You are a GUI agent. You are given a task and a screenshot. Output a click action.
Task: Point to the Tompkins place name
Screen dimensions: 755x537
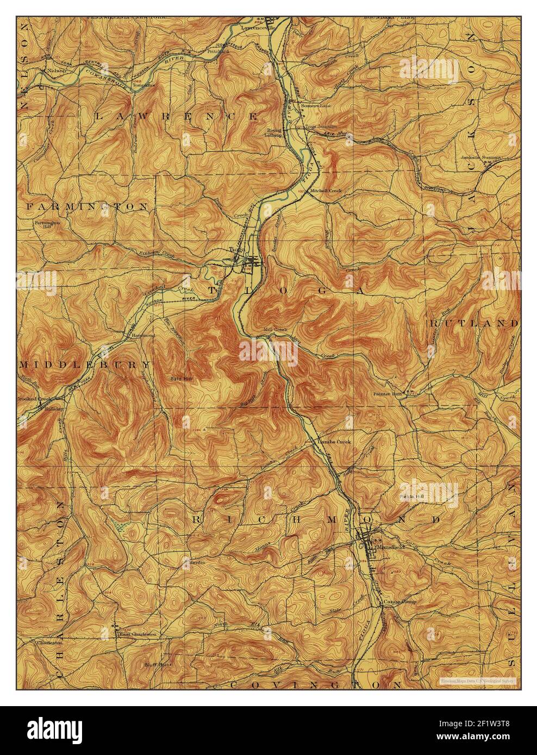(145, 85)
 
